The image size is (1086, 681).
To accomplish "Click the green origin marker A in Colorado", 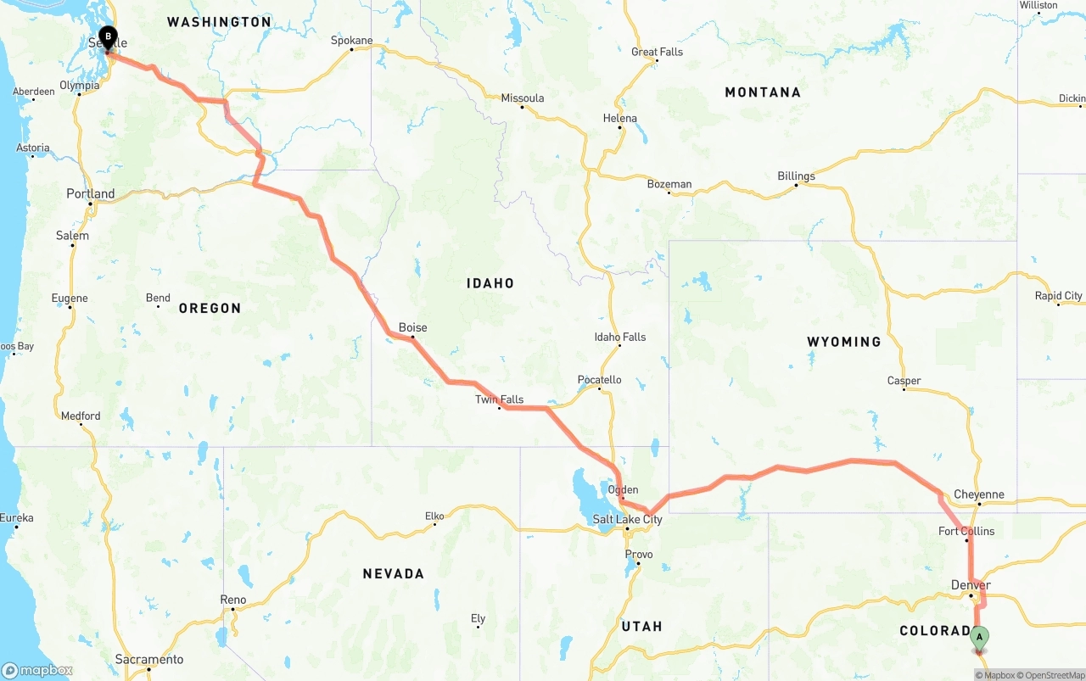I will [x=979, y=637].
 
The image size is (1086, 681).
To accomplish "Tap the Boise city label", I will [x=412, y=327].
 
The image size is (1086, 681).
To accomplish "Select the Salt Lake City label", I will [x=627, y=519].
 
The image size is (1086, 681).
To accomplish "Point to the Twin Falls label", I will [x=499, y=399].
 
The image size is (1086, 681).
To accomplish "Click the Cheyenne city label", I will [x=978, y=494].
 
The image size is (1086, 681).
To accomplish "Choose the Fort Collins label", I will [x=966, y=532].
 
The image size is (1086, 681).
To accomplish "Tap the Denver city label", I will [x=971, y=585].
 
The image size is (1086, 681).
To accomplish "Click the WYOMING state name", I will [x=843, y=342].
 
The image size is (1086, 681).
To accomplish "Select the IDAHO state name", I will [x=490, y=283].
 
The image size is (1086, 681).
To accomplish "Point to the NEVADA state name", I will [x=393, y=574].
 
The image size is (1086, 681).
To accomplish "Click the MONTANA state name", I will [x=762, y=92].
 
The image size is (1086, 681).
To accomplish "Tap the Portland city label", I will [x=91, y=193].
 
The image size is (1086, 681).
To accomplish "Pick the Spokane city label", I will [x=351, y=40].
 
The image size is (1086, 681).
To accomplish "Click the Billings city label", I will [x=796, y=176].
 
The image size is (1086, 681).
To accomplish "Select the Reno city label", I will [x=232, y=600].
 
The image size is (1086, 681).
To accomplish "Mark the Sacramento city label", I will [x=149, y=659].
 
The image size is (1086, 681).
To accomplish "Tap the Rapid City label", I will [x=1058, y=296].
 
